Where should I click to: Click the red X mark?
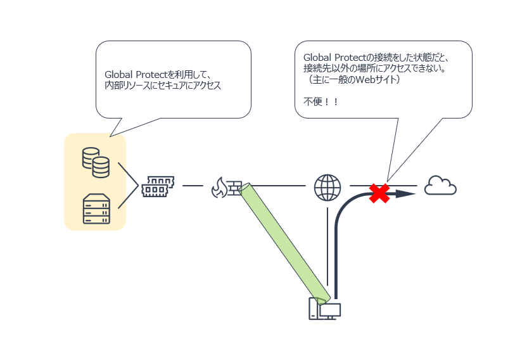[379, 193]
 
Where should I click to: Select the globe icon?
[327, 188]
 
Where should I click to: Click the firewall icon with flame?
[226, 188]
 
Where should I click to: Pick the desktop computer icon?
[325, 309]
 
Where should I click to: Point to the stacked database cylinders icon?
[96, 162]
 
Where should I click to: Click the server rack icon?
[96, 209]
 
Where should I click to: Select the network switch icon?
[158, 186]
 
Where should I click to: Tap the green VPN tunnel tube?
[284, 243]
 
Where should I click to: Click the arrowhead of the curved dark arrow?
[405, 194]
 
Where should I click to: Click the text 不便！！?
[321, 101]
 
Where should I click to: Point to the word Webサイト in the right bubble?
[376, 79]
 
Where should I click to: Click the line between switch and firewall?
[193, 185]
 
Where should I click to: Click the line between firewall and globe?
[278, 185]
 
